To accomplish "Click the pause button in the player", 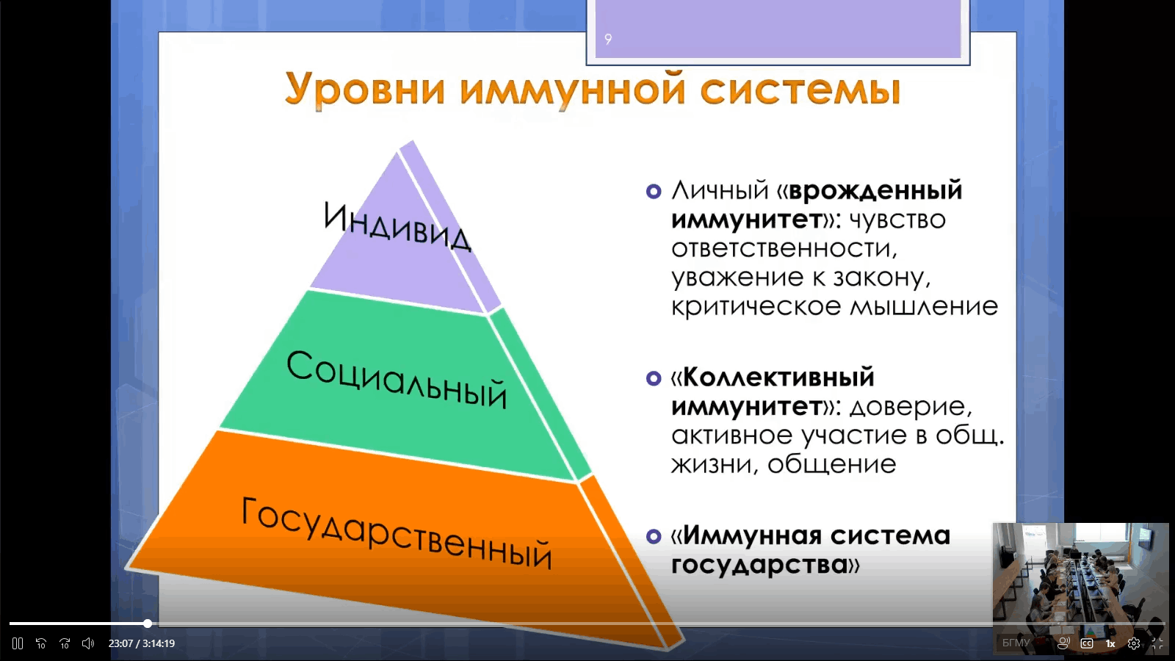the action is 18,643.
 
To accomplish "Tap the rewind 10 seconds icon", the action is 41,643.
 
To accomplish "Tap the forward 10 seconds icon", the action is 65,643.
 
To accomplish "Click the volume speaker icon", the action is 88,643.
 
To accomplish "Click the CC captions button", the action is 1087,643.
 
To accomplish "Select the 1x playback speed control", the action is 1110,643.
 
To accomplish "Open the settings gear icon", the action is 1134,643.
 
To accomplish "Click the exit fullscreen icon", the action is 1157,643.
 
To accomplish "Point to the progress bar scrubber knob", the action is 148,624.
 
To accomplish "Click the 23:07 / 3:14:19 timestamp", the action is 142,643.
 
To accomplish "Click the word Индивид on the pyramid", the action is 397,227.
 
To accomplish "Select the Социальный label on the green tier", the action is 397,379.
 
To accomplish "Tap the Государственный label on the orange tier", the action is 397,533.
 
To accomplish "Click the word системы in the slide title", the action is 800,89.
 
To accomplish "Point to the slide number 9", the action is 608,40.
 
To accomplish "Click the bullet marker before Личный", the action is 654,191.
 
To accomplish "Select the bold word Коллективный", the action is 778,378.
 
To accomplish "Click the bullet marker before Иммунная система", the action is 654,536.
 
